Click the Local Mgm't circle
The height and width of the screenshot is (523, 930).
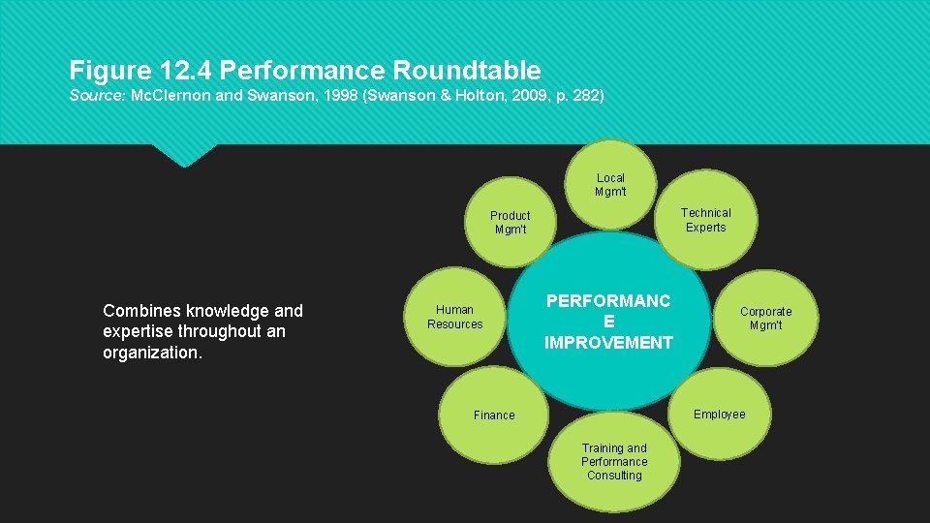pyautogui.click(x=610, y=185)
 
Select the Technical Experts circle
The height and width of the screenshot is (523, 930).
pyautogui.click(x=705, y=220)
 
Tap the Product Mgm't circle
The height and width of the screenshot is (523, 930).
pyautogui.click(x=510, y=223)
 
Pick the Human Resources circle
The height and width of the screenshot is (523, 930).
pyautogui.click(x=454, y=317)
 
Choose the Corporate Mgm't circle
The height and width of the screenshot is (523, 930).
pyautogui.click(x=765, y=318)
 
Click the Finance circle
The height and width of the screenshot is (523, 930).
pyautogui.click(x=494, y=415)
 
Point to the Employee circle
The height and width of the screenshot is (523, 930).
pyautogui.click(x=720, y=415)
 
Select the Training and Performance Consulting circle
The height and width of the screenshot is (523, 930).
pyautogui.click(x=614, y=462)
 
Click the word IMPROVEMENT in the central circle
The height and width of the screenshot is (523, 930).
pyautogui.click(x=608, y=342)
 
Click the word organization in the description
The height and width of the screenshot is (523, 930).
pyautogui.click(x=150, y=353)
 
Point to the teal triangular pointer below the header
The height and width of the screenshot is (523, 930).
pyautogui.click(x=184, y=154)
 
